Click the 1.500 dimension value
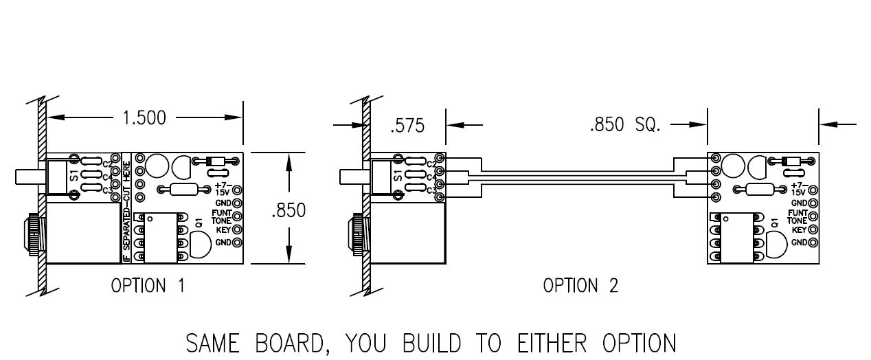tap(144, 117)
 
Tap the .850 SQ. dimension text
tap(624, 125)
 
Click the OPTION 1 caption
tap(148, 286)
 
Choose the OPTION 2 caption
tap(580, 286)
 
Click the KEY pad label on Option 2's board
tap(798, 229)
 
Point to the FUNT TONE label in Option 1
tap(221, 217)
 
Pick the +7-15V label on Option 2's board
tap(798, 189)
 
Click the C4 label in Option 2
tap(431, 177)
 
